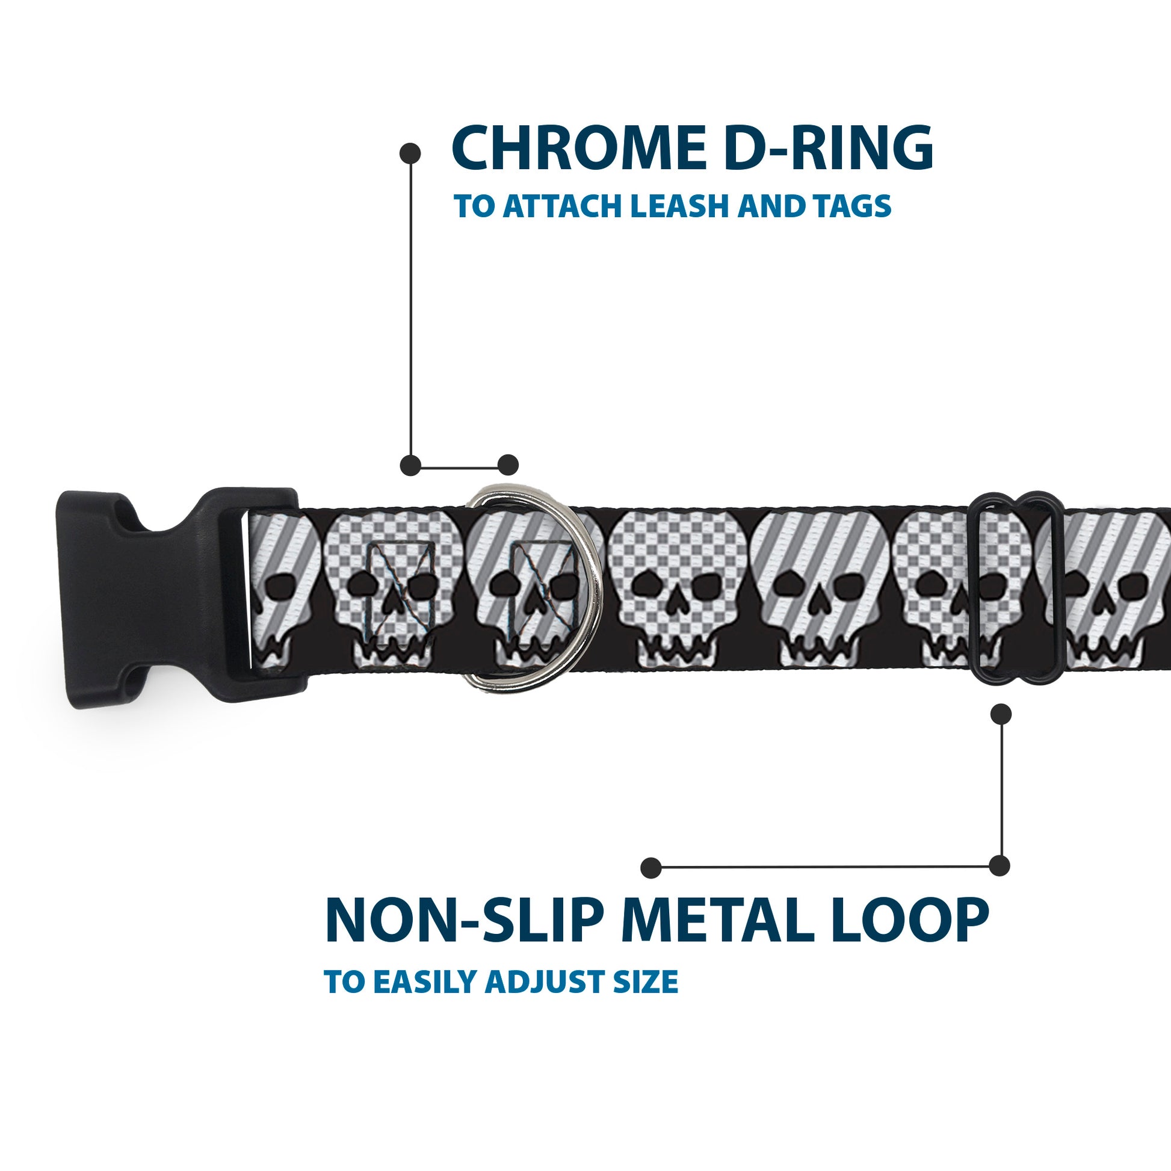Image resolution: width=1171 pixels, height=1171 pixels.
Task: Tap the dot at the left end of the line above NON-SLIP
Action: pos(650,867)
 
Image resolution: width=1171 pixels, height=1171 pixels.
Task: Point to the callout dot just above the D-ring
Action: pos(508,465)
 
